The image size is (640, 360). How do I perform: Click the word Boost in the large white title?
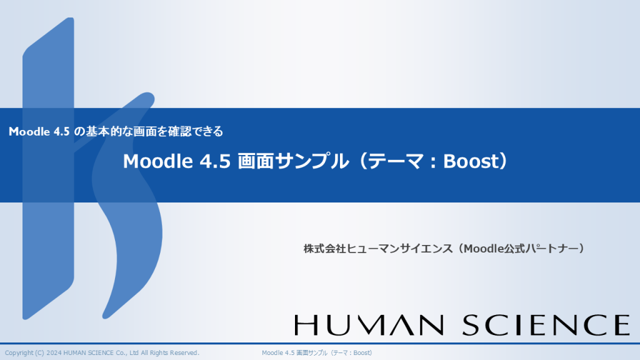pos(471,161)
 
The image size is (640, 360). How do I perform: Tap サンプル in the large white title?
pos(312,161)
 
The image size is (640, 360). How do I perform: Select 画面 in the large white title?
pos(255,161)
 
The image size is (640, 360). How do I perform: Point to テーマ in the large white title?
pos(396,161)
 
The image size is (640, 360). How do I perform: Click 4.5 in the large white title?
pos(215,161)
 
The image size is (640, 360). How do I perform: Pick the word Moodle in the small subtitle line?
pos(29,131)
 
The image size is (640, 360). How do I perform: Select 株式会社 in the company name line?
pos(324,249)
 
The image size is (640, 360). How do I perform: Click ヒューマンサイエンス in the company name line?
pos(399,249)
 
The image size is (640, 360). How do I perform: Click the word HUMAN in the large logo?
pos(369,325)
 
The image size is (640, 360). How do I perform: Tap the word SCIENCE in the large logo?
pos(546,325)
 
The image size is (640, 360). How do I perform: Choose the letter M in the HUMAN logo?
pos(372,325)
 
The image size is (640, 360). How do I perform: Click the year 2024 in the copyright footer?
pos(54,352)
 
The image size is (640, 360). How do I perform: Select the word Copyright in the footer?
pos(19,353)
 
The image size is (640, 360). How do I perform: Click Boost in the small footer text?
pos(362,352)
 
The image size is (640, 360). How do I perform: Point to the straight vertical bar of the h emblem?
pos(48,168)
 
